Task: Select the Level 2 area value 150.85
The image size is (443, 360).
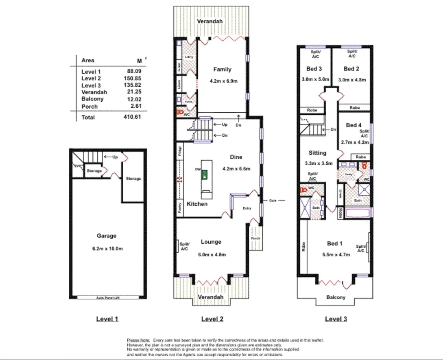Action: click(x=134, y=79)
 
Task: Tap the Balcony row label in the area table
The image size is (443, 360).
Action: click(x=92, y=99)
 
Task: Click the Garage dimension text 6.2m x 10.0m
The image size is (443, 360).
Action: click(x=107, y=249)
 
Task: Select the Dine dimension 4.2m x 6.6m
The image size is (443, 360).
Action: click(x=236, y=169)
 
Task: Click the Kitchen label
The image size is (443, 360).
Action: click(x=197, y=204)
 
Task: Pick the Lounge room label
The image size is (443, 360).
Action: click(x=211, y=242)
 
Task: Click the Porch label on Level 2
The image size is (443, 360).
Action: click(x=255, y=238)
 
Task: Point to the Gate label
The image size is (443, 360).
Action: click(x=273, y=201)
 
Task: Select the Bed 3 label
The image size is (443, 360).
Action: click(x=314, y=69)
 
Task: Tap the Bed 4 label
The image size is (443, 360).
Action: click(x=354, y=125)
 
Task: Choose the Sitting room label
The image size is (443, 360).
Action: click(x=317, y=153)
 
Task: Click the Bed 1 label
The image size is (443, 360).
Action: click(x=335, y=243)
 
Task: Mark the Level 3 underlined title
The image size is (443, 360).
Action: click(x=336, y=319)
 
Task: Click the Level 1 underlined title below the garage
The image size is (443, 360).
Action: click(x=107, y=319)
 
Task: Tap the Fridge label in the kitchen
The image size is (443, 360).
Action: click(x=180, y=151)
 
